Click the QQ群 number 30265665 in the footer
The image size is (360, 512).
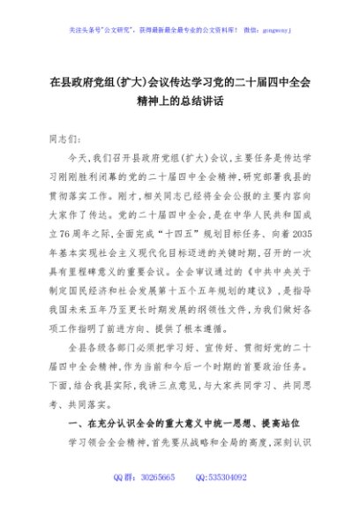coord(156,477)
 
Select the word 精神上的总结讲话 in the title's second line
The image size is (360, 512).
coord(179,101)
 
